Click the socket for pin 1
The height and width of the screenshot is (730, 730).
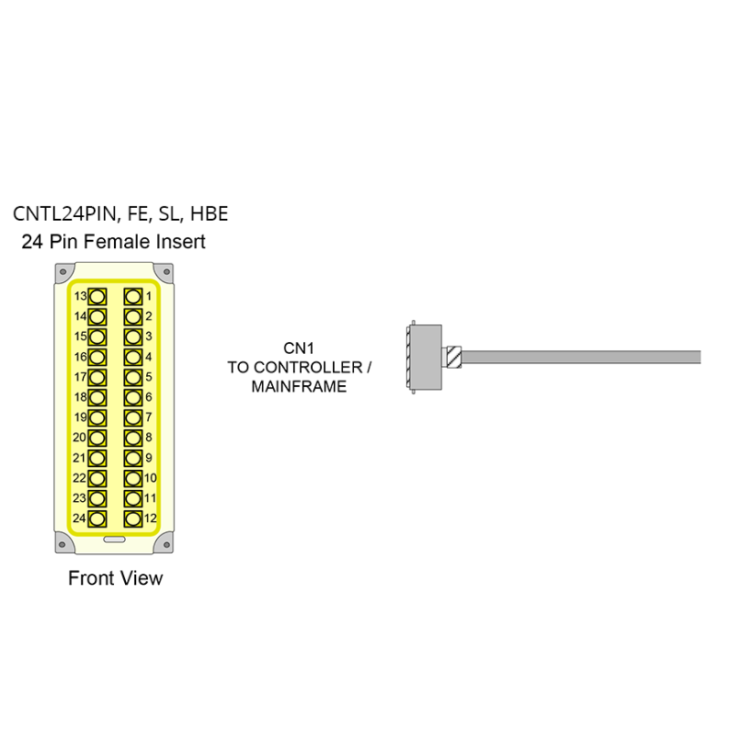[x=132, y=297]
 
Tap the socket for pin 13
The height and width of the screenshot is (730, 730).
[x=97, y=297]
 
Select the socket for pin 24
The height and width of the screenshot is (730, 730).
[x=97, y=518]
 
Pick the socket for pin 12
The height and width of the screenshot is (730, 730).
[x=132, y=518]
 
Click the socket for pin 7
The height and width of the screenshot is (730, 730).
[x=132, y=418]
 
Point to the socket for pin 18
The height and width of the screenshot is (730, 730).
[x=97, y=398]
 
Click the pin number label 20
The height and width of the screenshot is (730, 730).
[x=79, y=438]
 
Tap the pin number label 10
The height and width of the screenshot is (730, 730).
[x=151, y=478]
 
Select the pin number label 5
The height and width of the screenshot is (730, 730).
[x=149, y=377]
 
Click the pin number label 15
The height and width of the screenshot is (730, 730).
[x=79, y=337]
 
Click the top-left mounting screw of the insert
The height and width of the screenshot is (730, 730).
[x=62, y=273]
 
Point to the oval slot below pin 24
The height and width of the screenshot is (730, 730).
[x=114, y=539]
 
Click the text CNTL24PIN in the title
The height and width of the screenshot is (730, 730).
[x=65, y=214]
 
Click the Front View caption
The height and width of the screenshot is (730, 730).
[x=116, y=579]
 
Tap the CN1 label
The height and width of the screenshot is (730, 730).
[x=299, y=348]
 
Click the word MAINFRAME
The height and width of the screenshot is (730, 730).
[x=299, y=387]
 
